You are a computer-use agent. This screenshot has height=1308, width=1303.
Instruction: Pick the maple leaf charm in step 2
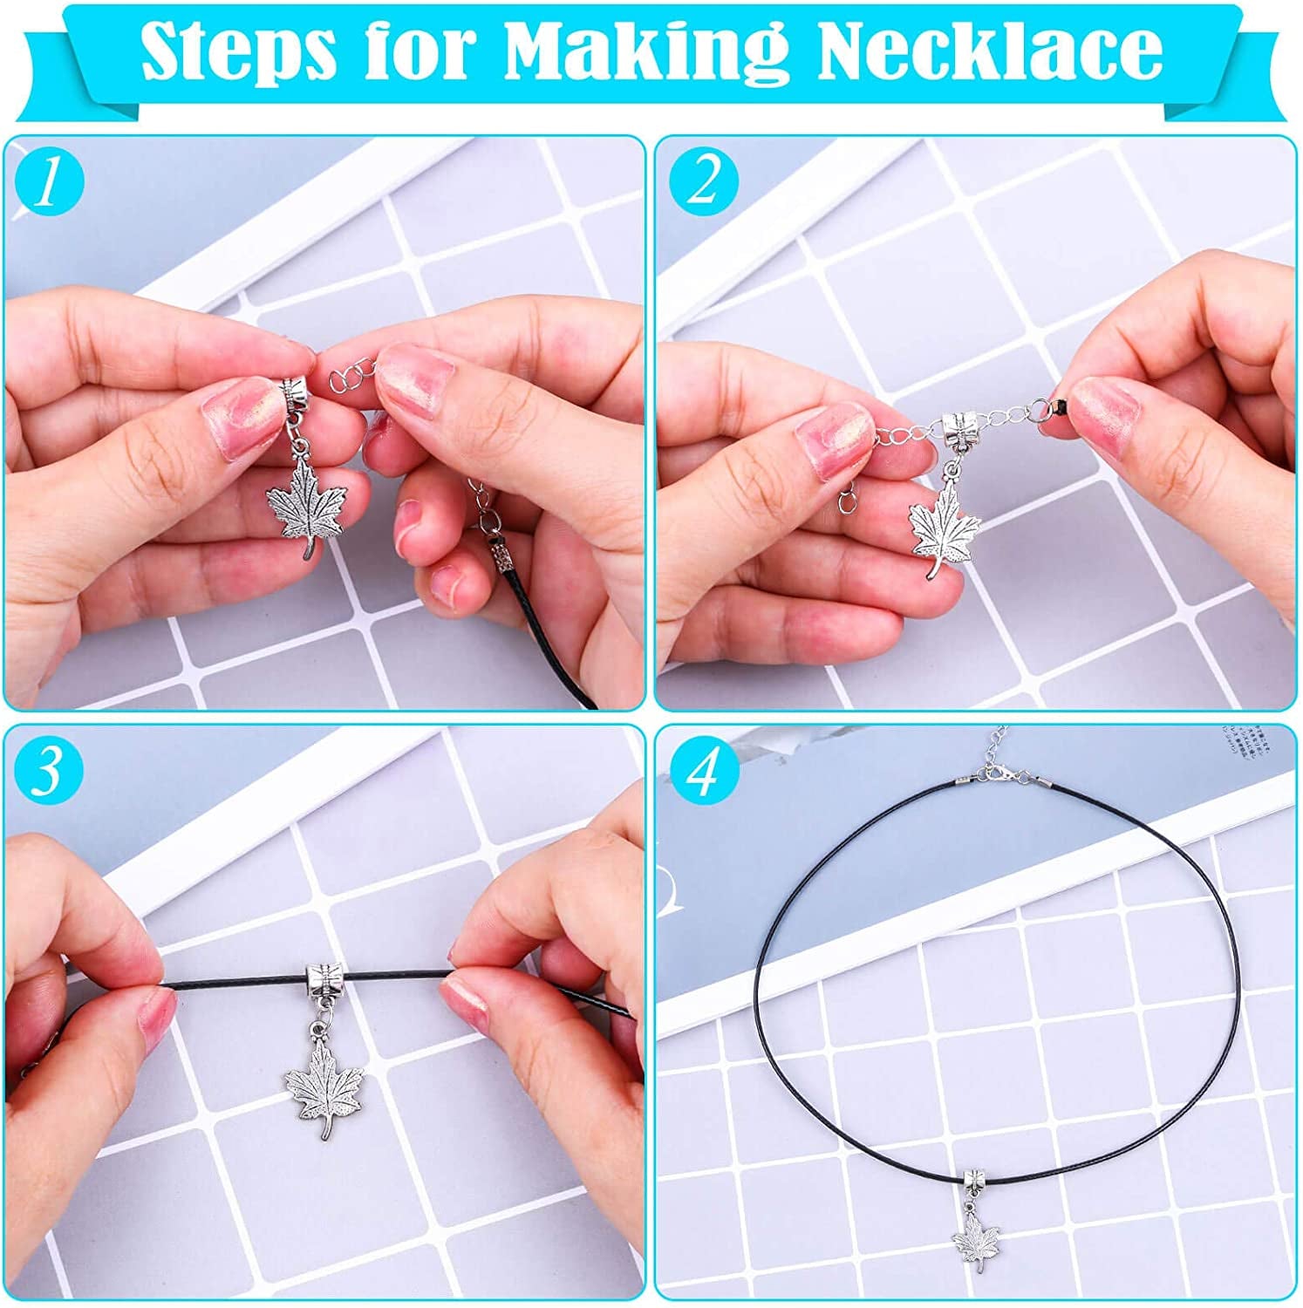(x=943, y=524)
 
